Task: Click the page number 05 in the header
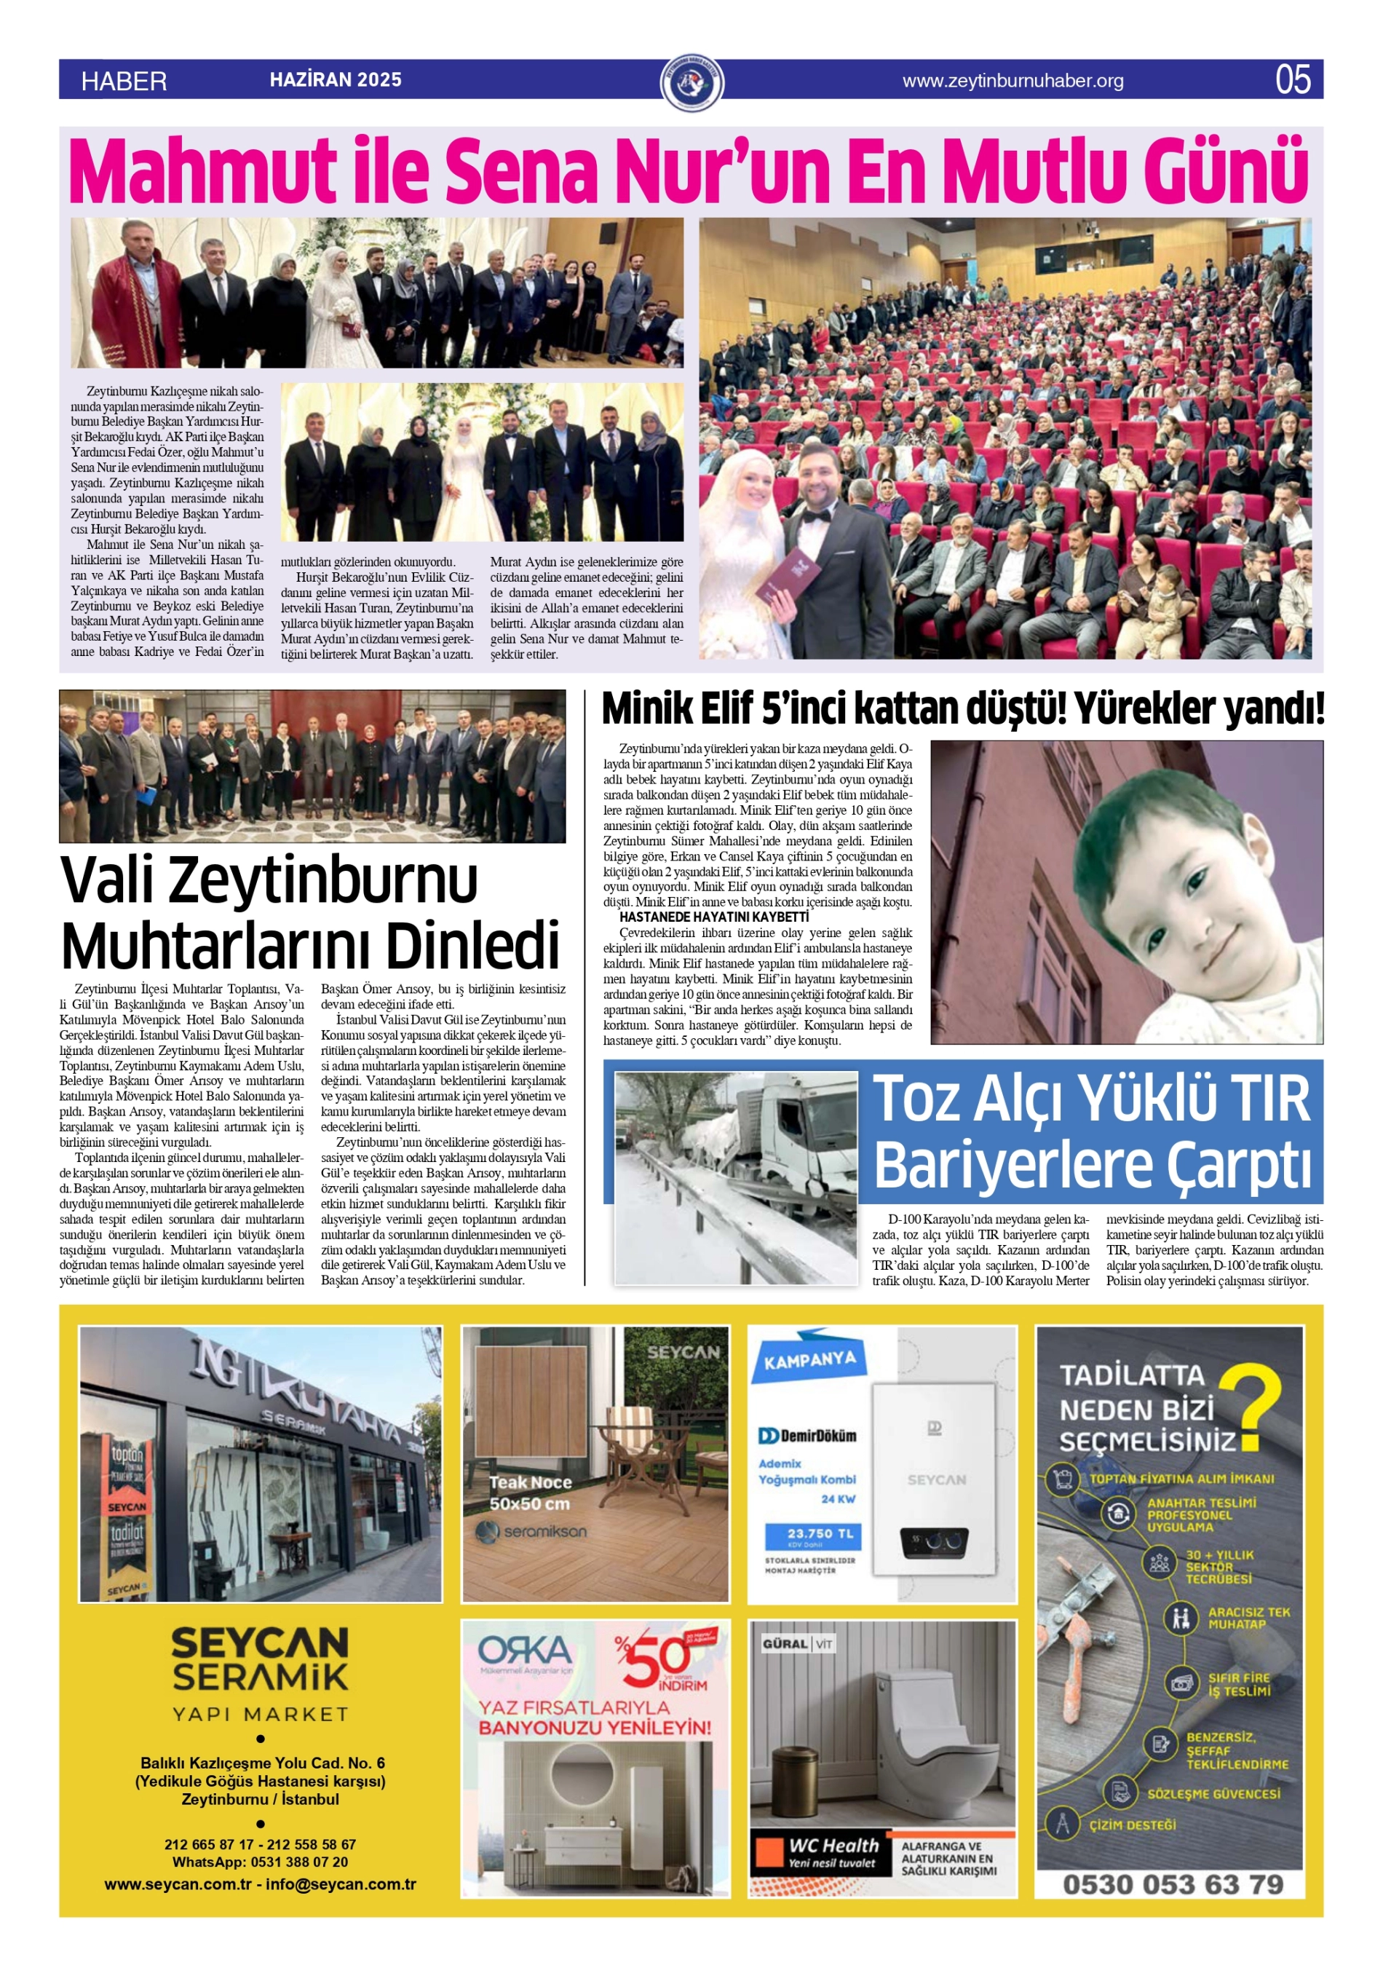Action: click(1293, 80)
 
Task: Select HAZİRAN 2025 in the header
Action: click(336, 80)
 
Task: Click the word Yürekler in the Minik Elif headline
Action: click(1144, 709)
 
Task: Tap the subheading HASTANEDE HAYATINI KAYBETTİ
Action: click(713, 917)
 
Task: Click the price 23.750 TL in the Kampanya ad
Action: click(812, 1533)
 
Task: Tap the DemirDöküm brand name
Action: click(808, 1436)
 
